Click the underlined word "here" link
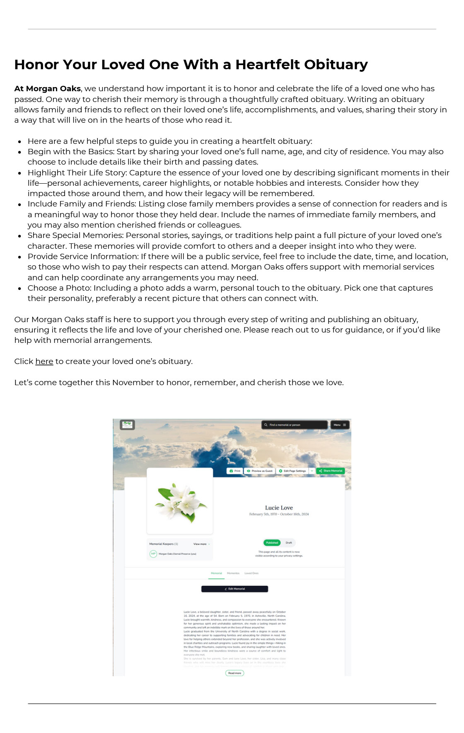click(44, 362)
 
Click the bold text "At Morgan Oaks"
click(48, 89)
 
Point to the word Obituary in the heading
click(336, 65)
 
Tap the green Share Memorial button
click(331, 471)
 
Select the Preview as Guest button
click(260, 471)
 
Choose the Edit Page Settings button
click(292, 471)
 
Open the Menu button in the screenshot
click(340, 425)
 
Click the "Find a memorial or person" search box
click(295, 425)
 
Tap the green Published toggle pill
click(272, 543)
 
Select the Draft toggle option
click(289, 543)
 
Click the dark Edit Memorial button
click(234, 589)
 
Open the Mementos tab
click(233, 573)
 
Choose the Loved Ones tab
click(251, 573)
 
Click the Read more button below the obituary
click(234, 673)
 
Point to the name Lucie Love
click(279, 508)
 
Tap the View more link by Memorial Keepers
click(201, 544)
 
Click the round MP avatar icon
click(153, 554)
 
